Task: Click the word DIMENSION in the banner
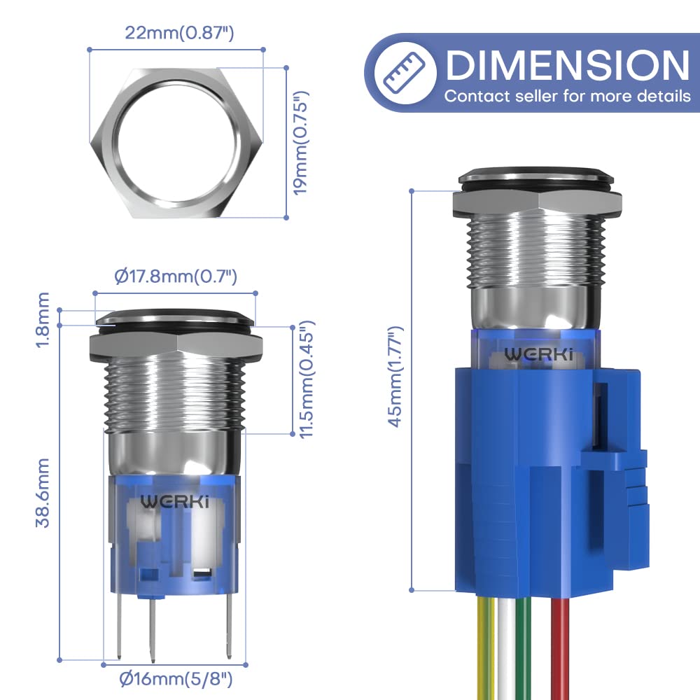[x=567, y=65]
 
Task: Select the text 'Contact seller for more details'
[x=567, y=96]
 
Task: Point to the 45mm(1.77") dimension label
[x=396, y=376]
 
